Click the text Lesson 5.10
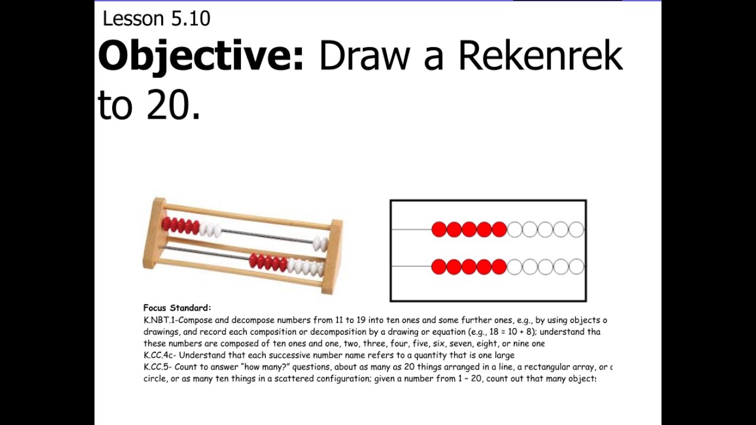pyautogui.click(x=156, y=19)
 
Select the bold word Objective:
pyautogui.click(x=201, y=57)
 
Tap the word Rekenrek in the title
pyautogui.click(x=540, y=57)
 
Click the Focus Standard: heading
pyautogui.click(x=177, y=308)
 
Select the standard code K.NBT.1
pyautogui.click(x=159, y=321)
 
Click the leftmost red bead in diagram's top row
pyautogui.click(x=439, y=230)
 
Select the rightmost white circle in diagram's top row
pyautogui.click(x=576, y=230)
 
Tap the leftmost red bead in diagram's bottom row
pyautogui.click(x=439, y=267)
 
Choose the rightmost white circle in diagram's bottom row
pyautogui.click(x=576, y=267)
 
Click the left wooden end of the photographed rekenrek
pyautogui.click(x=155, y=233)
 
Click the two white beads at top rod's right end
pyautogui.click(x=320, y=242)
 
